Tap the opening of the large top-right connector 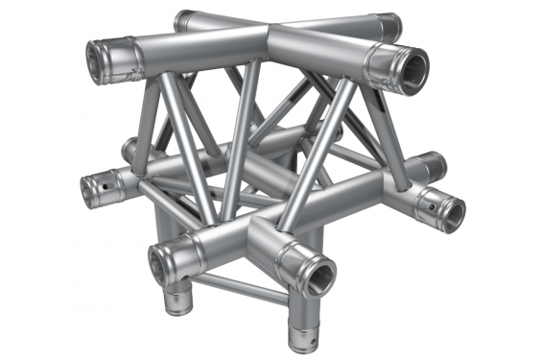tap(413, 70)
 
